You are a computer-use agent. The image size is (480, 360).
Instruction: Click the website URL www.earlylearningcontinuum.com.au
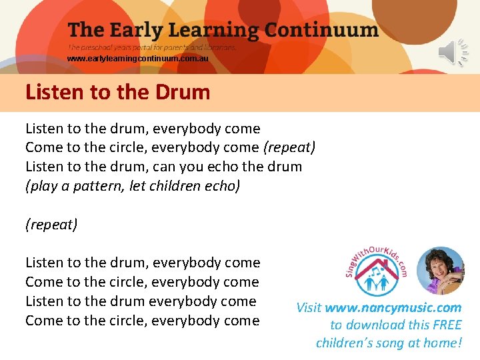point(137,59)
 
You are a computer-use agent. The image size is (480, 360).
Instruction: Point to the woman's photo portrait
point(440,271)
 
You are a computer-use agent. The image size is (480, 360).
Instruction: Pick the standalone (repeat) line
point(51,225)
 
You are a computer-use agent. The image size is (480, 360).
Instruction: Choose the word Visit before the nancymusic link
point(309,308)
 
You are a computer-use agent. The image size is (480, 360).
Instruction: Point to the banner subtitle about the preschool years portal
point(151,48)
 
